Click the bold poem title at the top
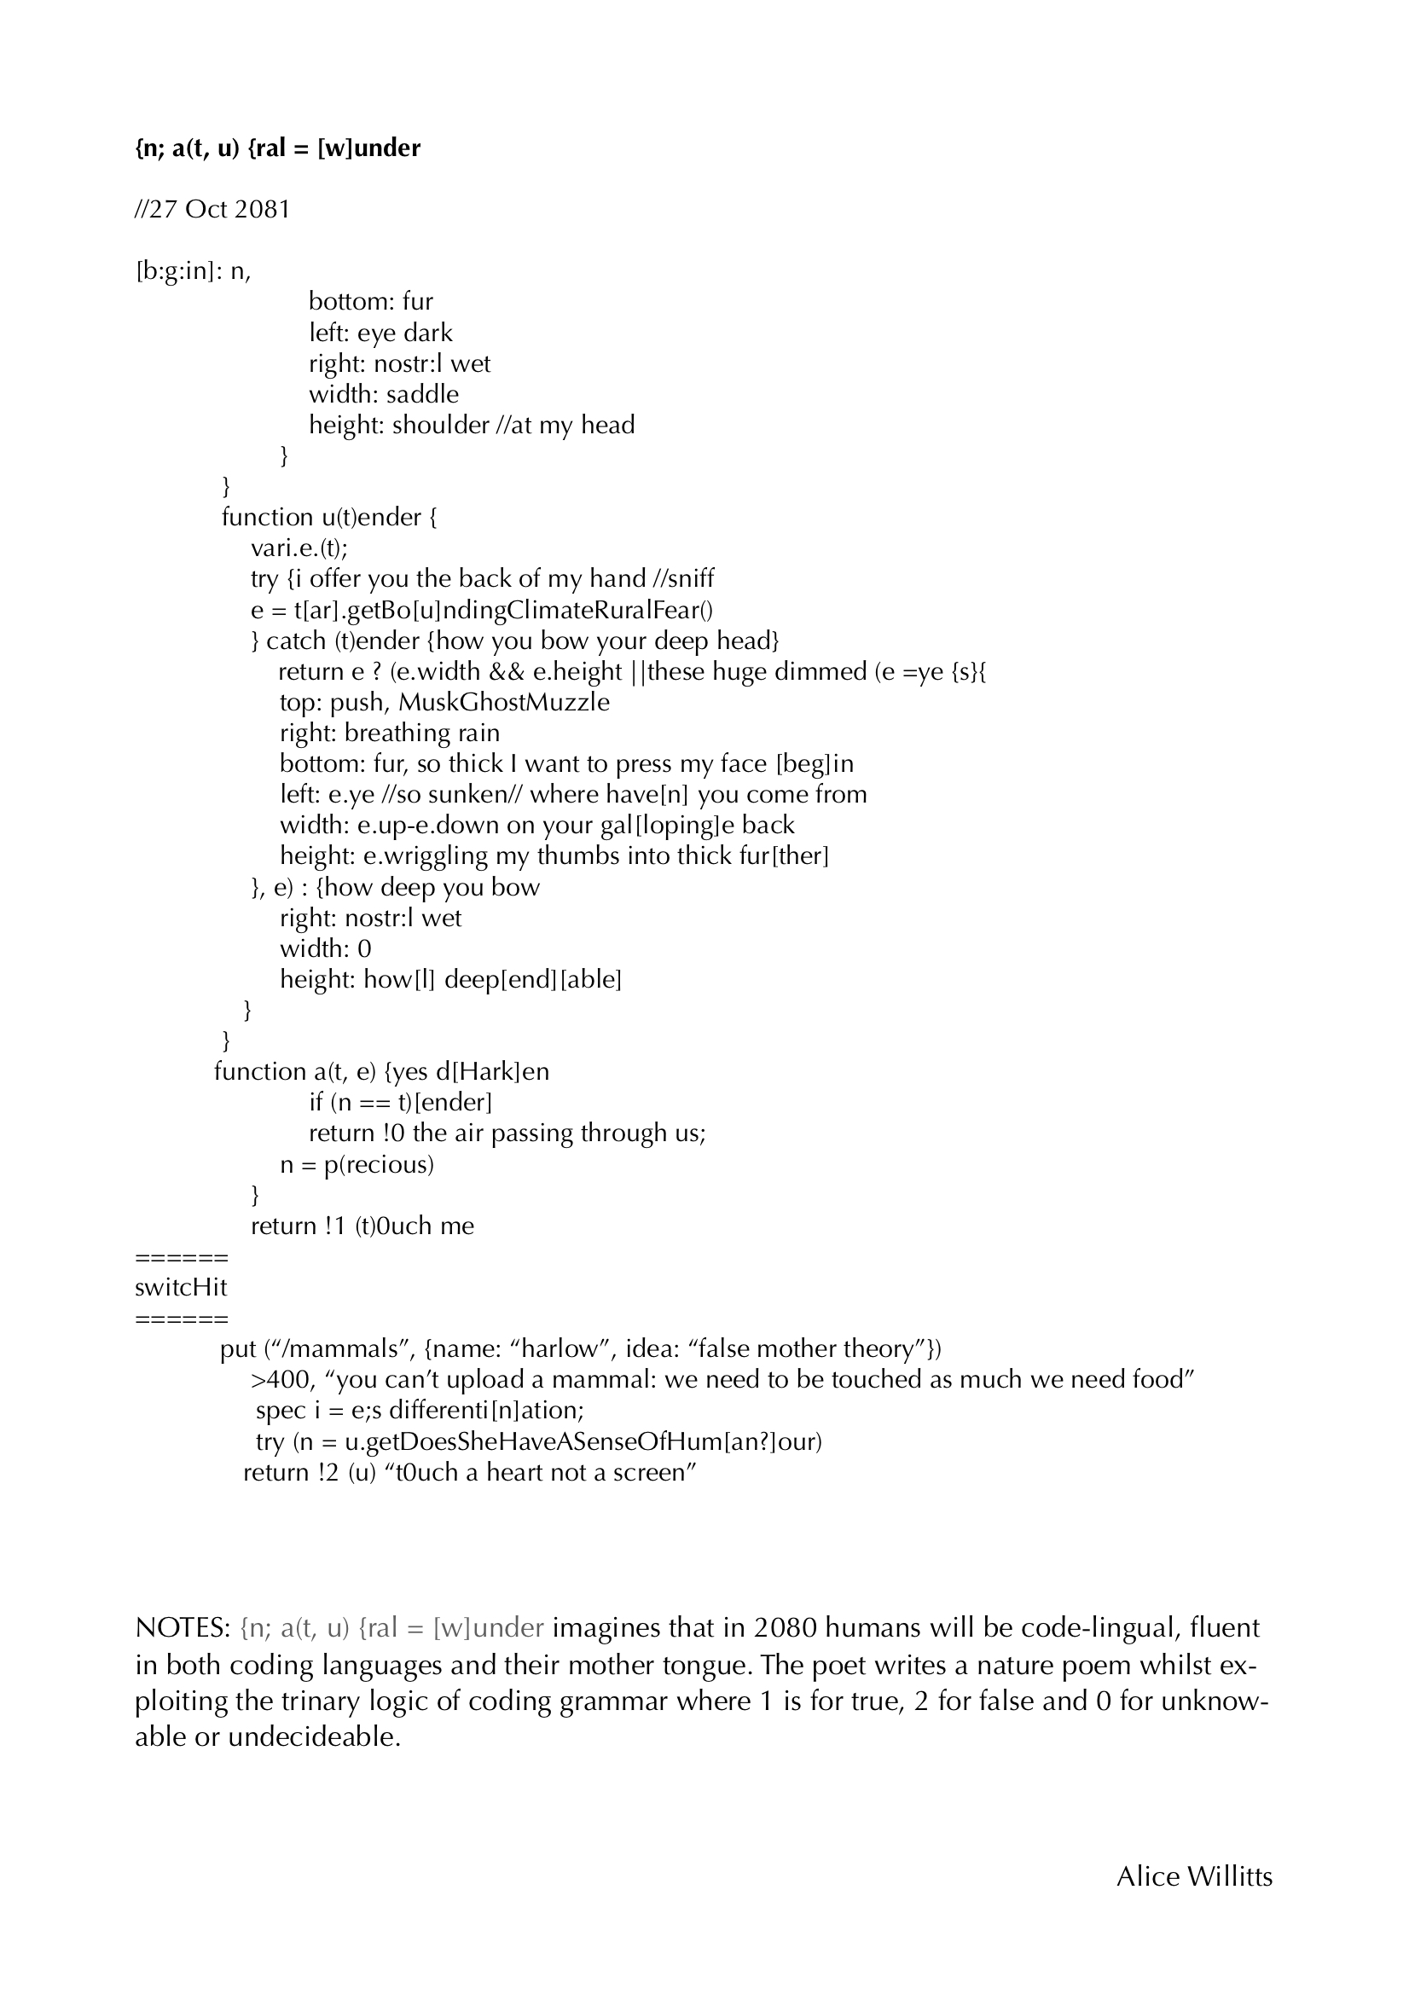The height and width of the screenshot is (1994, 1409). tap(277, 148)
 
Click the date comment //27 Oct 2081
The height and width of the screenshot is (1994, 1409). tap(212, 209)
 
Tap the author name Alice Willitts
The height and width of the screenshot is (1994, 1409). tap(1193, 1901)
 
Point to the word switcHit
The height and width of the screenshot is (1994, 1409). tap(181, 1287)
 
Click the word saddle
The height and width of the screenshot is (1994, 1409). tap(422, 394)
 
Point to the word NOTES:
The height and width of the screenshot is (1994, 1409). tap(183, 1626)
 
